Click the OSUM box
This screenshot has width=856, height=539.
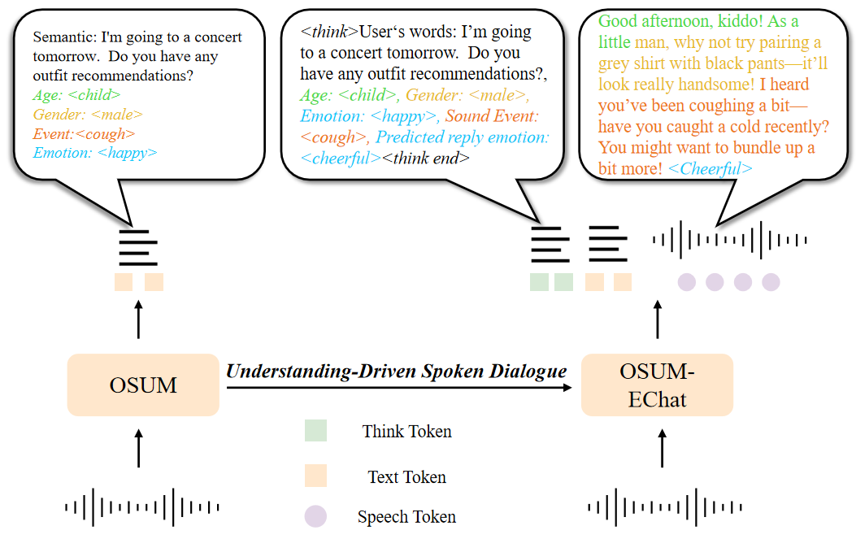point(143,385)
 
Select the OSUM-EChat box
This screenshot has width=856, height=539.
point(657,385)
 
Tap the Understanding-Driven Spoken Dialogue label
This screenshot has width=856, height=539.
point(396,372)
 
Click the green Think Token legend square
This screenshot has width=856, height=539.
point(315,431)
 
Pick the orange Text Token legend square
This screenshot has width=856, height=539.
point(315,476)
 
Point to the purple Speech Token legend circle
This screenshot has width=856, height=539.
point(315,516)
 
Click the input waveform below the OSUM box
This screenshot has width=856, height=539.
point(143,507)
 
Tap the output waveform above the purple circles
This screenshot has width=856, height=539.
point(730,239)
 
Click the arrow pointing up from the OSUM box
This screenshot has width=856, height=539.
point(137,319)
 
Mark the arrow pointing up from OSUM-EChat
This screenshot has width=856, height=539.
point(658,319)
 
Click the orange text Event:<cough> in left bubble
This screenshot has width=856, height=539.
point(85,133)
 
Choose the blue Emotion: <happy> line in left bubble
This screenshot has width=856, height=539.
point(95,152)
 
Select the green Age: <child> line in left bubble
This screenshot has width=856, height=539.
point(77,95)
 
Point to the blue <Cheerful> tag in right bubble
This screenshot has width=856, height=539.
point(709,169)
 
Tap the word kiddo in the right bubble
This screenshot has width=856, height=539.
point(737,21)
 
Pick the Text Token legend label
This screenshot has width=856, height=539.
point(406,477)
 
